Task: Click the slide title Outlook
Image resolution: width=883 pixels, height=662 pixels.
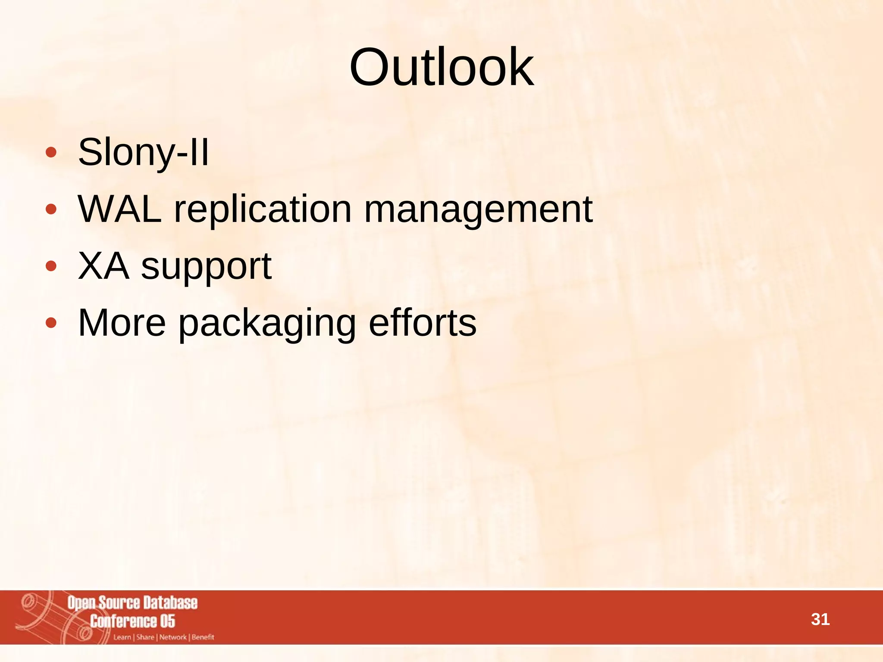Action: (441, 68)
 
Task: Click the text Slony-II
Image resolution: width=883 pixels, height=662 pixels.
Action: (143, 152)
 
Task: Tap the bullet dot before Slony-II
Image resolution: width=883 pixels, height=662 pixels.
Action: (51, 153)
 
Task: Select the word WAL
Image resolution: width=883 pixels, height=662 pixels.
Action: (120, 209)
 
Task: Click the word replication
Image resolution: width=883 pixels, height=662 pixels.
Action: (263, 209)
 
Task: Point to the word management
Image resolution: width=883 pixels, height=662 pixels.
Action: (478, 209)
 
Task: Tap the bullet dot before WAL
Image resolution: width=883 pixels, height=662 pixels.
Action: (51, 209)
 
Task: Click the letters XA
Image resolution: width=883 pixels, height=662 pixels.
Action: (103, 266)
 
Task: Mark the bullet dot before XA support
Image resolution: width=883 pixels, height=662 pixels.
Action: (51, 266)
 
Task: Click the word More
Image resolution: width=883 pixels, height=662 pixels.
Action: (122, 323)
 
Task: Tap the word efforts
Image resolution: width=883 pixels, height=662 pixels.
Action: (423, 323)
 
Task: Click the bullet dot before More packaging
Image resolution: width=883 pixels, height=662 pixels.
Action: (51, 323)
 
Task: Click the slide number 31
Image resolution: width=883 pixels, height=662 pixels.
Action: (820, 619)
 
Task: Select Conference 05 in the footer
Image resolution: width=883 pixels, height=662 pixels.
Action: (132, 621)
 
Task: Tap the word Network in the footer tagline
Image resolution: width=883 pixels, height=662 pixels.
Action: (173, 637)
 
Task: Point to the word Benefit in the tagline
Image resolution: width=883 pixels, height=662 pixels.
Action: (203, 637)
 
